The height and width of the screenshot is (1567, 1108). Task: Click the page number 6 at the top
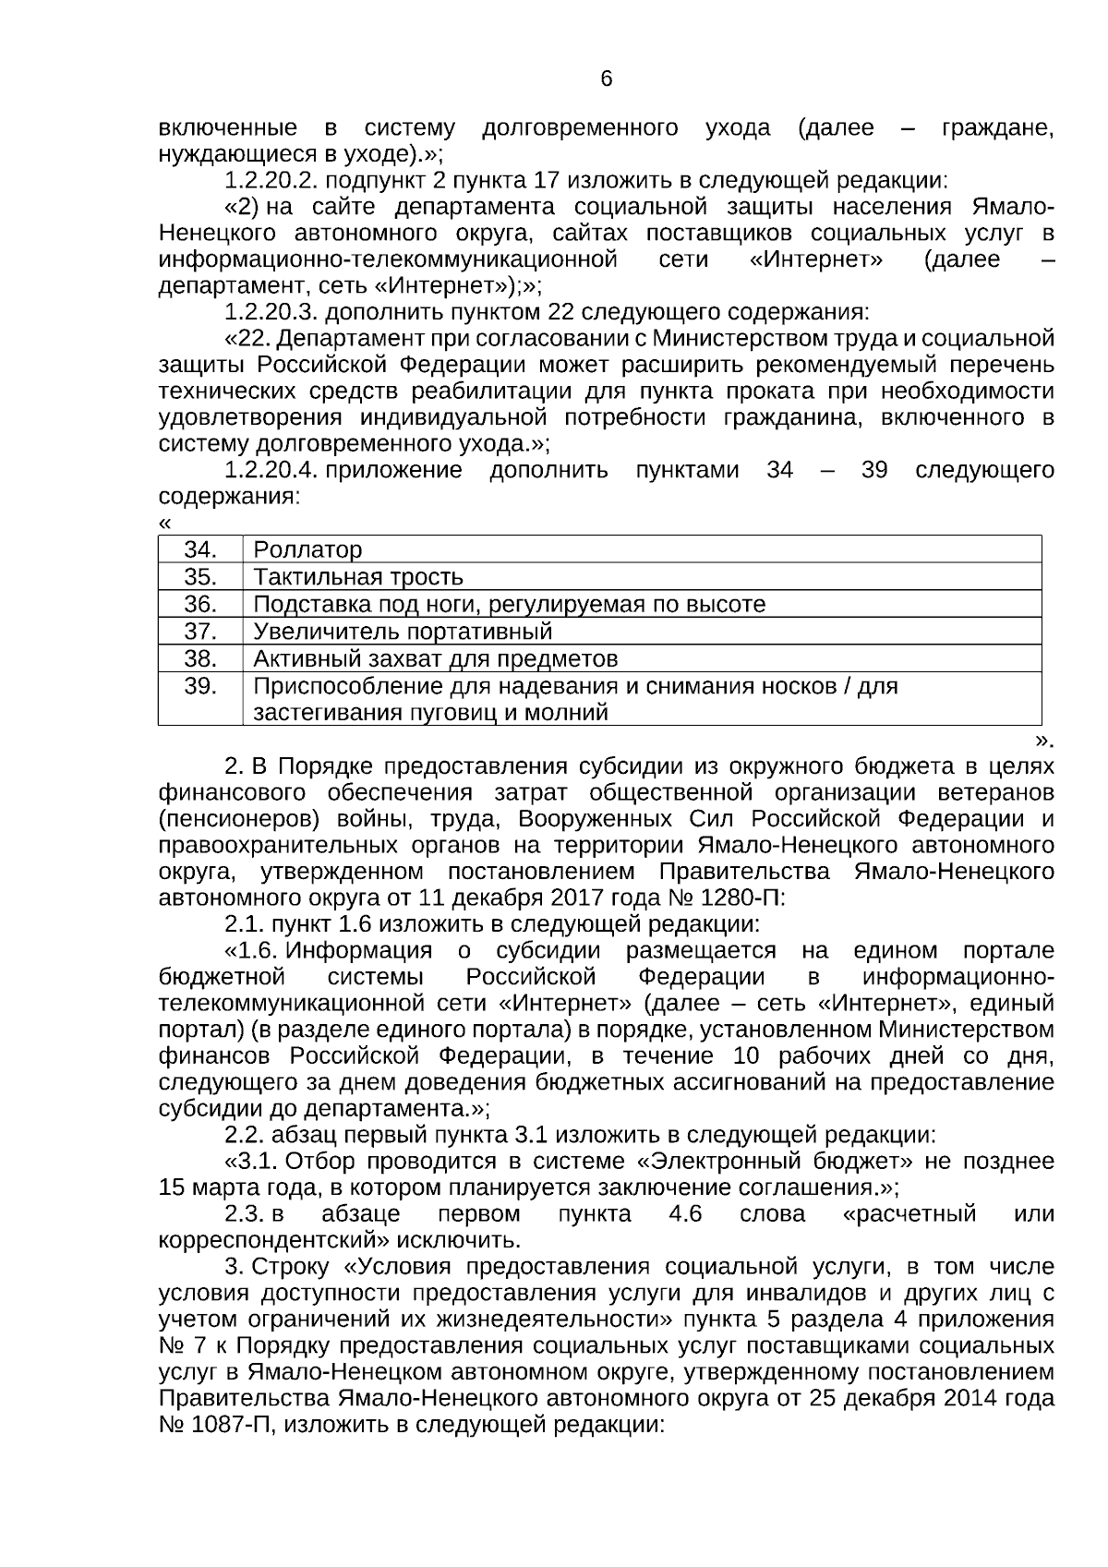(x=606, y=79)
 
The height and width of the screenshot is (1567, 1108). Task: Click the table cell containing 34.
(x=200, y=550)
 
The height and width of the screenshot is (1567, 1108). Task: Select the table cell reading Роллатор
(x=307, y=550)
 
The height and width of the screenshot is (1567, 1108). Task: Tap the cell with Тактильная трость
(x=358, y=578)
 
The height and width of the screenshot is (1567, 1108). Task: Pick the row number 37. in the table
(x=200, y=633)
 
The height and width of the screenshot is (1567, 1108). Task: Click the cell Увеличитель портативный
(x=403, y=633)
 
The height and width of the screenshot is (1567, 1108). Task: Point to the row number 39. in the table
(x=200, y=687)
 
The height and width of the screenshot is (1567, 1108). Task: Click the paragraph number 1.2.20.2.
(x=272, y=180)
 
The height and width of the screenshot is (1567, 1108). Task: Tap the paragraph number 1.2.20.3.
(x=272, y=311)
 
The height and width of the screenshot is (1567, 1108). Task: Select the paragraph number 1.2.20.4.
(x=272, y=470)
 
